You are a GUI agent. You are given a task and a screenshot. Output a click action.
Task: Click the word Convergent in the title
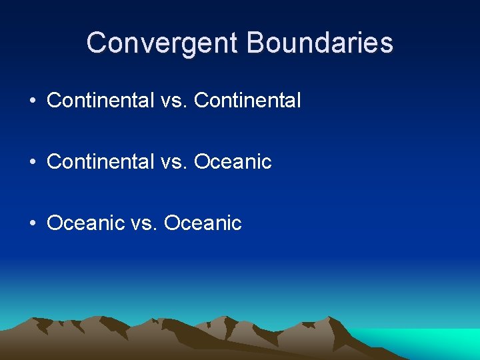click(x=162, y=43)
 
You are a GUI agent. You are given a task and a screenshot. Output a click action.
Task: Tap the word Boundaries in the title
click(x=320, y=43)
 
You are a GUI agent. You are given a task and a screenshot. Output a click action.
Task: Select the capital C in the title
click(x=97, y=43)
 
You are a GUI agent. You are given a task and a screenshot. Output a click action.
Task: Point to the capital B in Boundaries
click(x=257, y=43)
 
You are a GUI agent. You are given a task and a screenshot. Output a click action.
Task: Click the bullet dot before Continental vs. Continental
click(x=32, y=101)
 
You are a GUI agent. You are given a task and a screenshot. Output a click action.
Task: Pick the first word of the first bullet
click(x=100, y=101)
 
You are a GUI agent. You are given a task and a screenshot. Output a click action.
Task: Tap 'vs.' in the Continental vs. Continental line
click(x=174, y=101)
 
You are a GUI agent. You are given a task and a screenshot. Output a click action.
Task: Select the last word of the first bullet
click(x=247, y=101)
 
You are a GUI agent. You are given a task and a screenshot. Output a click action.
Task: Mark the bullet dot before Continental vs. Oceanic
click(x=32, y=162)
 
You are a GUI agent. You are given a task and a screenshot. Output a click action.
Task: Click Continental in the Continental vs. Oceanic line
click(x=100, y=161)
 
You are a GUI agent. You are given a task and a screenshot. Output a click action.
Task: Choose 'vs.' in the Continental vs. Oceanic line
click(x=174, y=161)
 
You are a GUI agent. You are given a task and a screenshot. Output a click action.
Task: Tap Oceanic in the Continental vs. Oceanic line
click(x=233, y=161)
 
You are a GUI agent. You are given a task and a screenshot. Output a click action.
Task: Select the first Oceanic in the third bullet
click(x=85, y=223)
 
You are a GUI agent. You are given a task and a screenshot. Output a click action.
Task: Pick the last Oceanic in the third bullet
click(x=203, y=223)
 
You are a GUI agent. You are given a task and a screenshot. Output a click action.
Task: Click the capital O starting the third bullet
click(x=55, y=223)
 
